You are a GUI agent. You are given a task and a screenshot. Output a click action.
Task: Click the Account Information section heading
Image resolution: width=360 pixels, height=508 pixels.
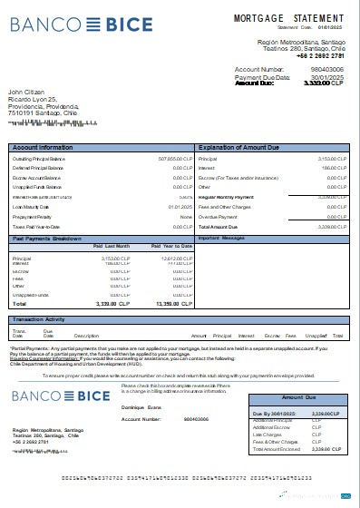click(x=44, y=146)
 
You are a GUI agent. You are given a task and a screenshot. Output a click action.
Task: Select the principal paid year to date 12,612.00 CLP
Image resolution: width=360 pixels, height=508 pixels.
click(x=173, y=259)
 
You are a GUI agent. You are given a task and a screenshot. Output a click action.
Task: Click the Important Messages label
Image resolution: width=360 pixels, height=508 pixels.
click(x=221, y=238)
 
